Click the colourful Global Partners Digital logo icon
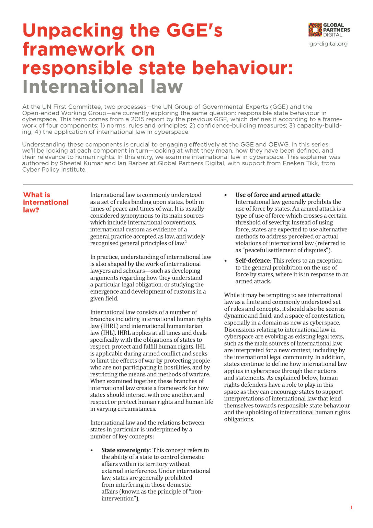315,30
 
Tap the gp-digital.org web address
328,44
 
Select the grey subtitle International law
102,87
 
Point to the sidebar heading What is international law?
46,202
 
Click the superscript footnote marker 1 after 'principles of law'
186,242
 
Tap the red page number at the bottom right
351,507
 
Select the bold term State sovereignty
125,450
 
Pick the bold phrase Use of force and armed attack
277,195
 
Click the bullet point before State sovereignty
92,450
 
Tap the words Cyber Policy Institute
54,169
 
